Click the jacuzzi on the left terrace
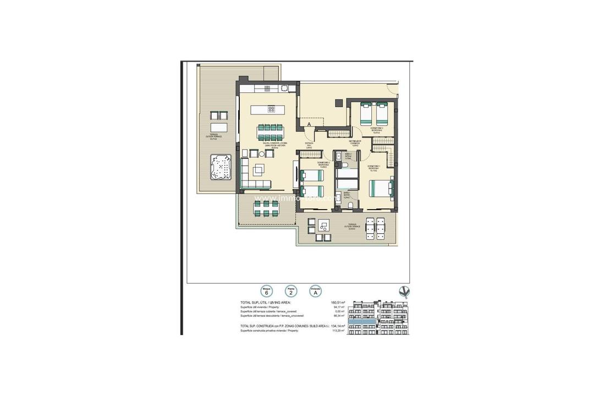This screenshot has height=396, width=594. [221, 168]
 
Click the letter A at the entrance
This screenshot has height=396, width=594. [309, 125]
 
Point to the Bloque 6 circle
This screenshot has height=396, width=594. [267, 291]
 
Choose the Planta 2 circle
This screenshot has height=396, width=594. [291, 291]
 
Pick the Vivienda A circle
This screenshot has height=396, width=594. [315, 291]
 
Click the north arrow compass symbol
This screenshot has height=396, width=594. [405, 292]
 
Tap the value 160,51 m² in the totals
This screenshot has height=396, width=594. [337, 302]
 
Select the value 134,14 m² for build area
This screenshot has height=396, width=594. [337, 326]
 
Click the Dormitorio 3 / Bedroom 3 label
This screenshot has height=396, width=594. [377, 129]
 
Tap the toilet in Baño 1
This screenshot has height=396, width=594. [350, 206]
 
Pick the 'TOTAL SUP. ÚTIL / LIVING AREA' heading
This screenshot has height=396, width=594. [265, 302]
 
